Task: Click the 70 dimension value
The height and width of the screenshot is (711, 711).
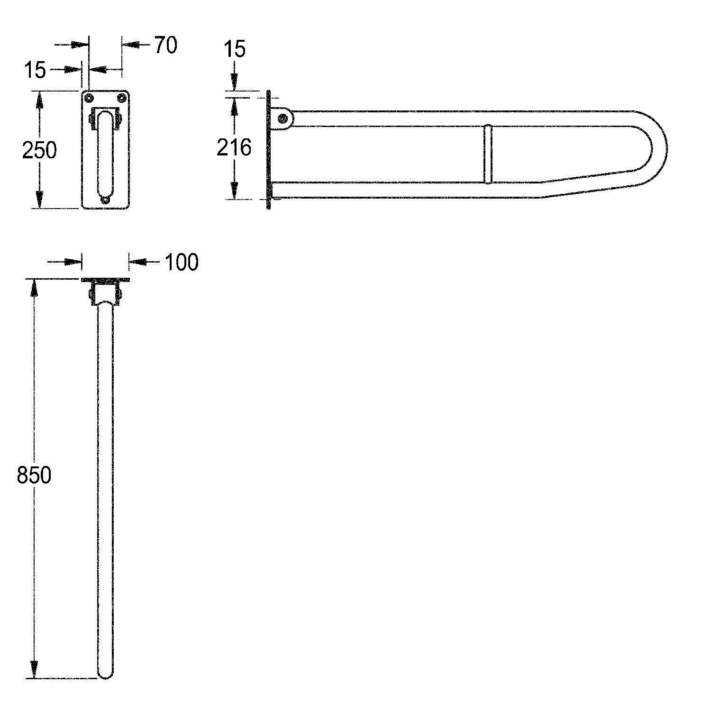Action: coord(165,45)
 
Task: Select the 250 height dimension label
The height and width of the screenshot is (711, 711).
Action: coord(39,150)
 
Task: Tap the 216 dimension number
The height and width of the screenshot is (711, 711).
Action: coord(234,147)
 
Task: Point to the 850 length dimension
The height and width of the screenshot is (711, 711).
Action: coord(34,475)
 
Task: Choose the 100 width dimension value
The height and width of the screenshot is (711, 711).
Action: coord(182,262)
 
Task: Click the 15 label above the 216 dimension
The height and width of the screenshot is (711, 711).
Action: coord(234,49)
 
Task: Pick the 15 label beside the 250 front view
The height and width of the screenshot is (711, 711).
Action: coord(35,70)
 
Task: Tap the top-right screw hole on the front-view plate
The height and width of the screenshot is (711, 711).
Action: coord(122,98)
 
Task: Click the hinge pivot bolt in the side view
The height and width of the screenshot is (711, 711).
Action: coord(283,118)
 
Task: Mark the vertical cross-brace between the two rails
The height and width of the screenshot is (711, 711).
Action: coord(488,154)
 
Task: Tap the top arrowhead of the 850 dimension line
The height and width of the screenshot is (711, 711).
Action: coord(34,287)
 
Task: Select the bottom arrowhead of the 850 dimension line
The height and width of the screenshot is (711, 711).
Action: coord(34,670)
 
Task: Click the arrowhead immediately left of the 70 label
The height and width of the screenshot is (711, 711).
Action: coord(131,45)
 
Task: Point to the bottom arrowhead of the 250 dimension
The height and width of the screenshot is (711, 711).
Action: coord(39,200)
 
